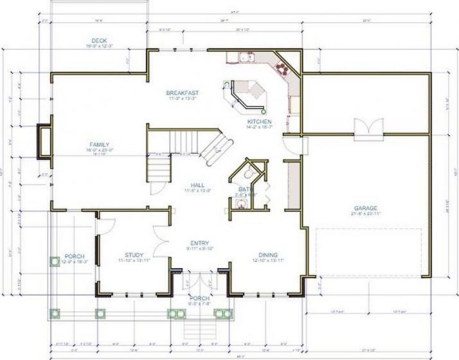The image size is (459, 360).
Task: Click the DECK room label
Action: click(98, 40)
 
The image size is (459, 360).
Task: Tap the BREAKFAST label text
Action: click(182, 93)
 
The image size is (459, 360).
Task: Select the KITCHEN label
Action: click(260, 122)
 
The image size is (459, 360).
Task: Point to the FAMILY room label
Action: click(99, 144)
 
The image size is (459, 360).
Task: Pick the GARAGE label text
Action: click(365, 208)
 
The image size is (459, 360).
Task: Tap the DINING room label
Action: click(268, 255)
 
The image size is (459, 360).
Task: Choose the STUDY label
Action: click(134, 255)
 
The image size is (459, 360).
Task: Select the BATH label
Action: click(245, 189)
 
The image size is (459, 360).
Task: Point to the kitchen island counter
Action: click(248, 95)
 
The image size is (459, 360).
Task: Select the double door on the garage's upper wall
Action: click(364, 127)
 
